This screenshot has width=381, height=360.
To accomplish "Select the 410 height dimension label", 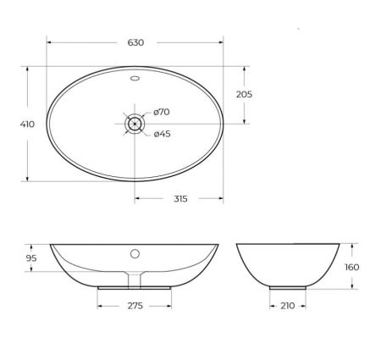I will pyautogui.click(x=27, y=124).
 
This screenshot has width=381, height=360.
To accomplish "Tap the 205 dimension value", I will pyautogui.click(x=244, y=94).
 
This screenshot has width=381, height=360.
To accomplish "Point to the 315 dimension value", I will pyautogui.click(x=179, y=199).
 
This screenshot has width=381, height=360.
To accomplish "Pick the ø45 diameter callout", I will pyautogui.click(x=163, y=132).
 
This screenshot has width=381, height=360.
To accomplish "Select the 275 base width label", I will pyautogui.click(x=135, y=305).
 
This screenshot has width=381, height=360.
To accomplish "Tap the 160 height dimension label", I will pyautogui.click(x=352, y=267).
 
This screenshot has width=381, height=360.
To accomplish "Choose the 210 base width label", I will pyautogui.click(x=288, y=305).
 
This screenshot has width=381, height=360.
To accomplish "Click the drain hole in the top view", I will pyautogui.click(x=135, y=124).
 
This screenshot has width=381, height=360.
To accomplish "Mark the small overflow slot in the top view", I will pyautogui.click(x=135, y=80).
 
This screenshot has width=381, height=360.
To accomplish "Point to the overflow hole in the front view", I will pyautogui.click(x=135, y=252).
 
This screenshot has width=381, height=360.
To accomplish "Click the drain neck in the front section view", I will pyautogui.click(x=135, y=278).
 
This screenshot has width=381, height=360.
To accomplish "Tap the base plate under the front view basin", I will pyautogui.click(x=135, y=287).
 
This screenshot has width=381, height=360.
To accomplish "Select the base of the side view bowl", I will pyautogui.click(x=288, y=287).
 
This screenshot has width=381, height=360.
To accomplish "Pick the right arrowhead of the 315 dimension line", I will pyautogui.click(x=221, y=199).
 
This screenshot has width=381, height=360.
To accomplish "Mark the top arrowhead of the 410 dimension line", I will pyautogui.click(x=27, y=68).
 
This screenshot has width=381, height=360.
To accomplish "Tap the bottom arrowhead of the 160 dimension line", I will pyautogui.click(x=352, y=287).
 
